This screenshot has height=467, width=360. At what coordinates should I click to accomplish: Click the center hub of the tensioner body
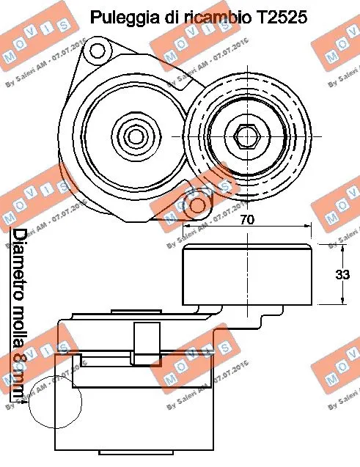tap(134, 136)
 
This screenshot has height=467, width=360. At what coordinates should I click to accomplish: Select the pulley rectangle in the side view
tap(248, 276)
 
